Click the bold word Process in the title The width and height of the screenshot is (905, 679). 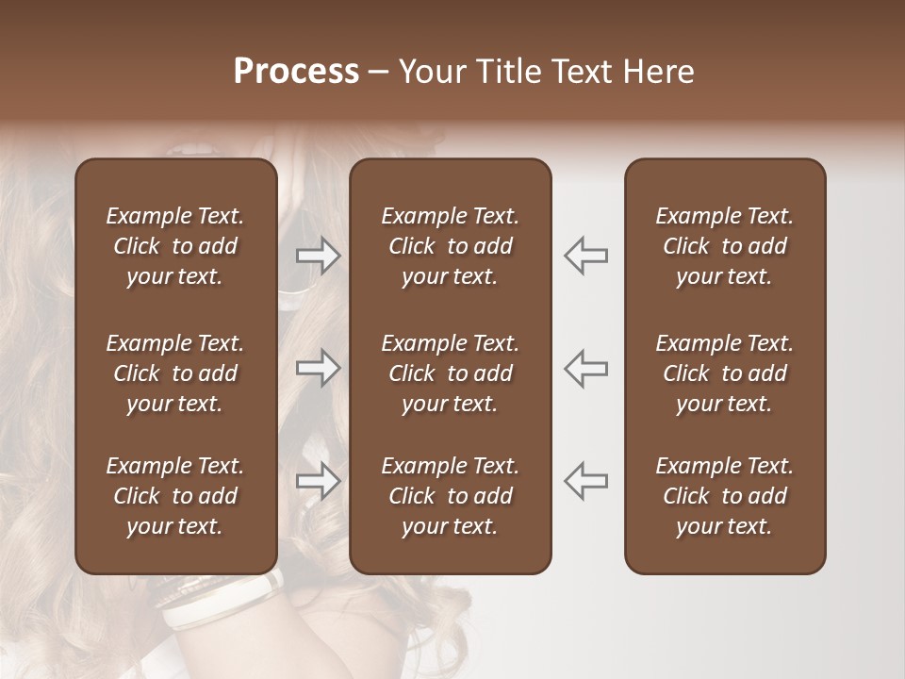tap(296, 72)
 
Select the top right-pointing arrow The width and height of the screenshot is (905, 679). tap(319, 255)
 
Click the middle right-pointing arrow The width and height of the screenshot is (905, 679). tap(319, 367)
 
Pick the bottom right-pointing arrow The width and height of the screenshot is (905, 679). tap(319, 480)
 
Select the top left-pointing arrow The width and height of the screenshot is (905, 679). tap(585, 255)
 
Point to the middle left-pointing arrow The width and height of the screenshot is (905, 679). tap(585, 367)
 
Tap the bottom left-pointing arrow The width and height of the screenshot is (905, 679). tap(585, 480)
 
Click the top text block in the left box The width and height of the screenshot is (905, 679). tap(175, 246)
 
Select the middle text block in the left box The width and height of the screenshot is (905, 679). tap(175, 373)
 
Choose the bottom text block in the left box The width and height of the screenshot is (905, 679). tap(175, 496)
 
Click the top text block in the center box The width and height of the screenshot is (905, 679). tap(450, 246)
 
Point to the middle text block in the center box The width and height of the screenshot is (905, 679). tap(450, 373)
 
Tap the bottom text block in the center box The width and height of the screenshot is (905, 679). tap(450, 496)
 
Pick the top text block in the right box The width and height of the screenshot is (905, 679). tap(724, 246)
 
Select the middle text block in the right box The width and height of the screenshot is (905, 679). tap(724, 373)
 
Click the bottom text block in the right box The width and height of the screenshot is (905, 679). tap(724, 496)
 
